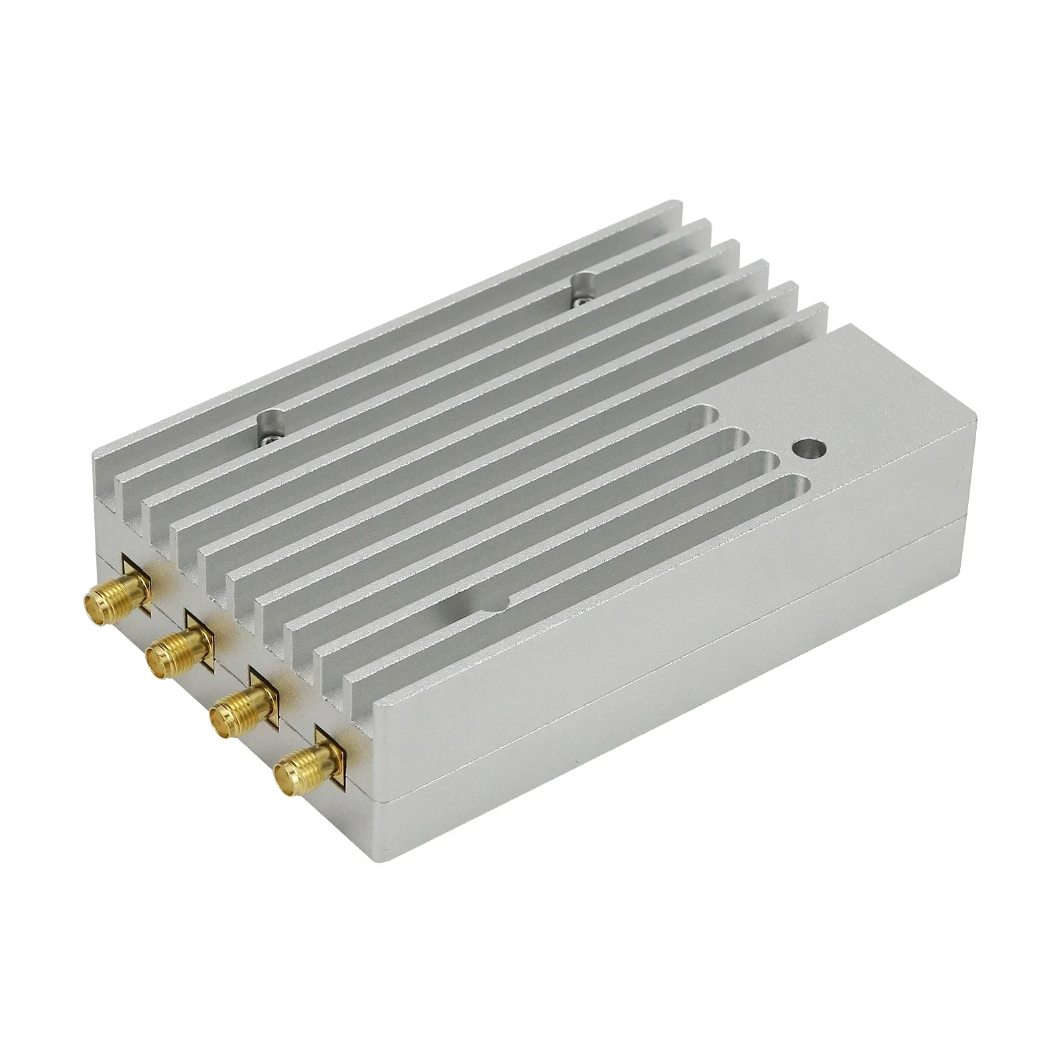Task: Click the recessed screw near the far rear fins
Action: pyautogui.click(x=582, y=290)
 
